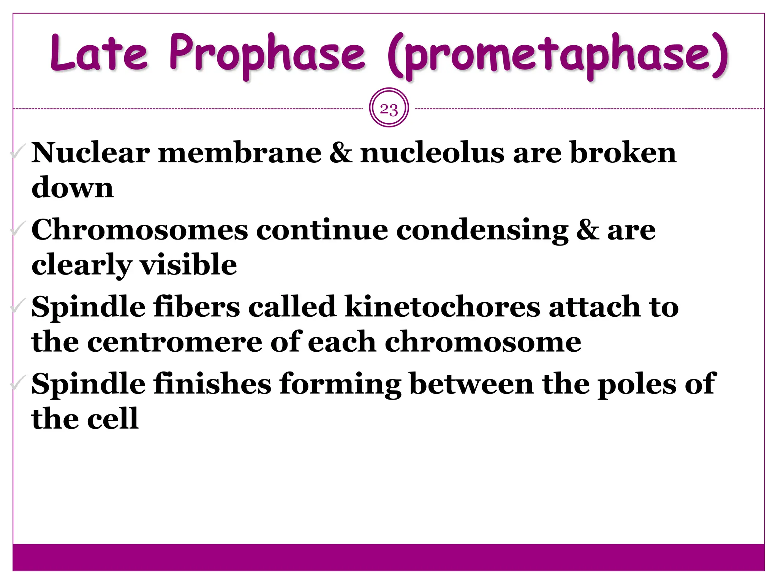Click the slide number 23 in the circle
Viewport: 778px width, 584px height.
tap(389, 109)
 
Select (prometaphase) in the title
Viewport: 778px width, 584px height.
tap(557, 56)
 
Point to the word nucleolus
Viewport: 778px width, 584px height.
tap(432, 153)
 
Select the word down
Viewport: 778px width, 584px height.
tap(73, 188)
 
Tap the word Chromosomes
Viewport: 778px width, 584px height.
tap(139, 230)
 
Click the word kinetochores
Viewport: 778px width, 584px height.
tap(442, 307)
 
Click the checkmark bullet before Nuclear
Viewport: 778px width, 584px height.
tap(18, 152)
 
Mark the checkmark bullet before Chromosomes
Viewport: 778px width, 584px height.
tap(18, 229)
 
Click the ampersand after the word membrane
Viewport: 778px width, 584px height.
tap(341, 153)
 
